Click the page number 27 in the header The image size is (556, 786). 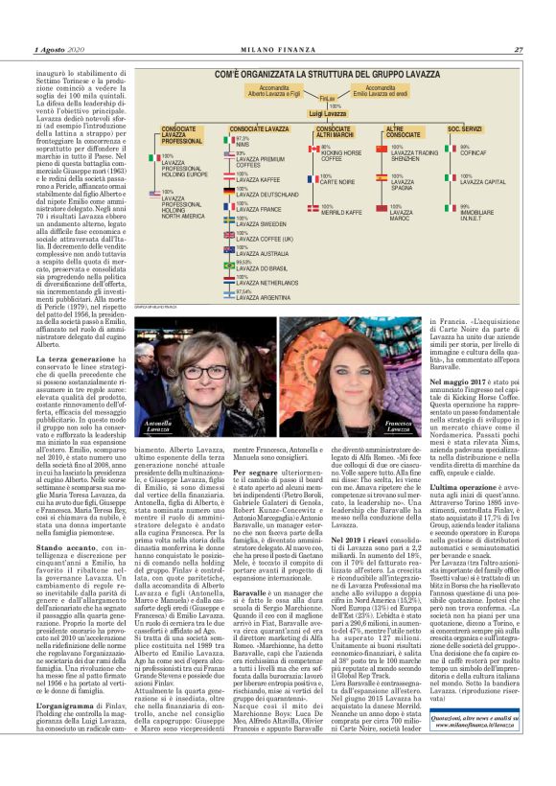click(519, 50)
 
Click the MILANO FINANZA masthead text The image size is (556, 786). click(277, 50)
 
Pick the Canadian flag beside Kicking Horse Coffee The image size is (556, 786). click(313, 150)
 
